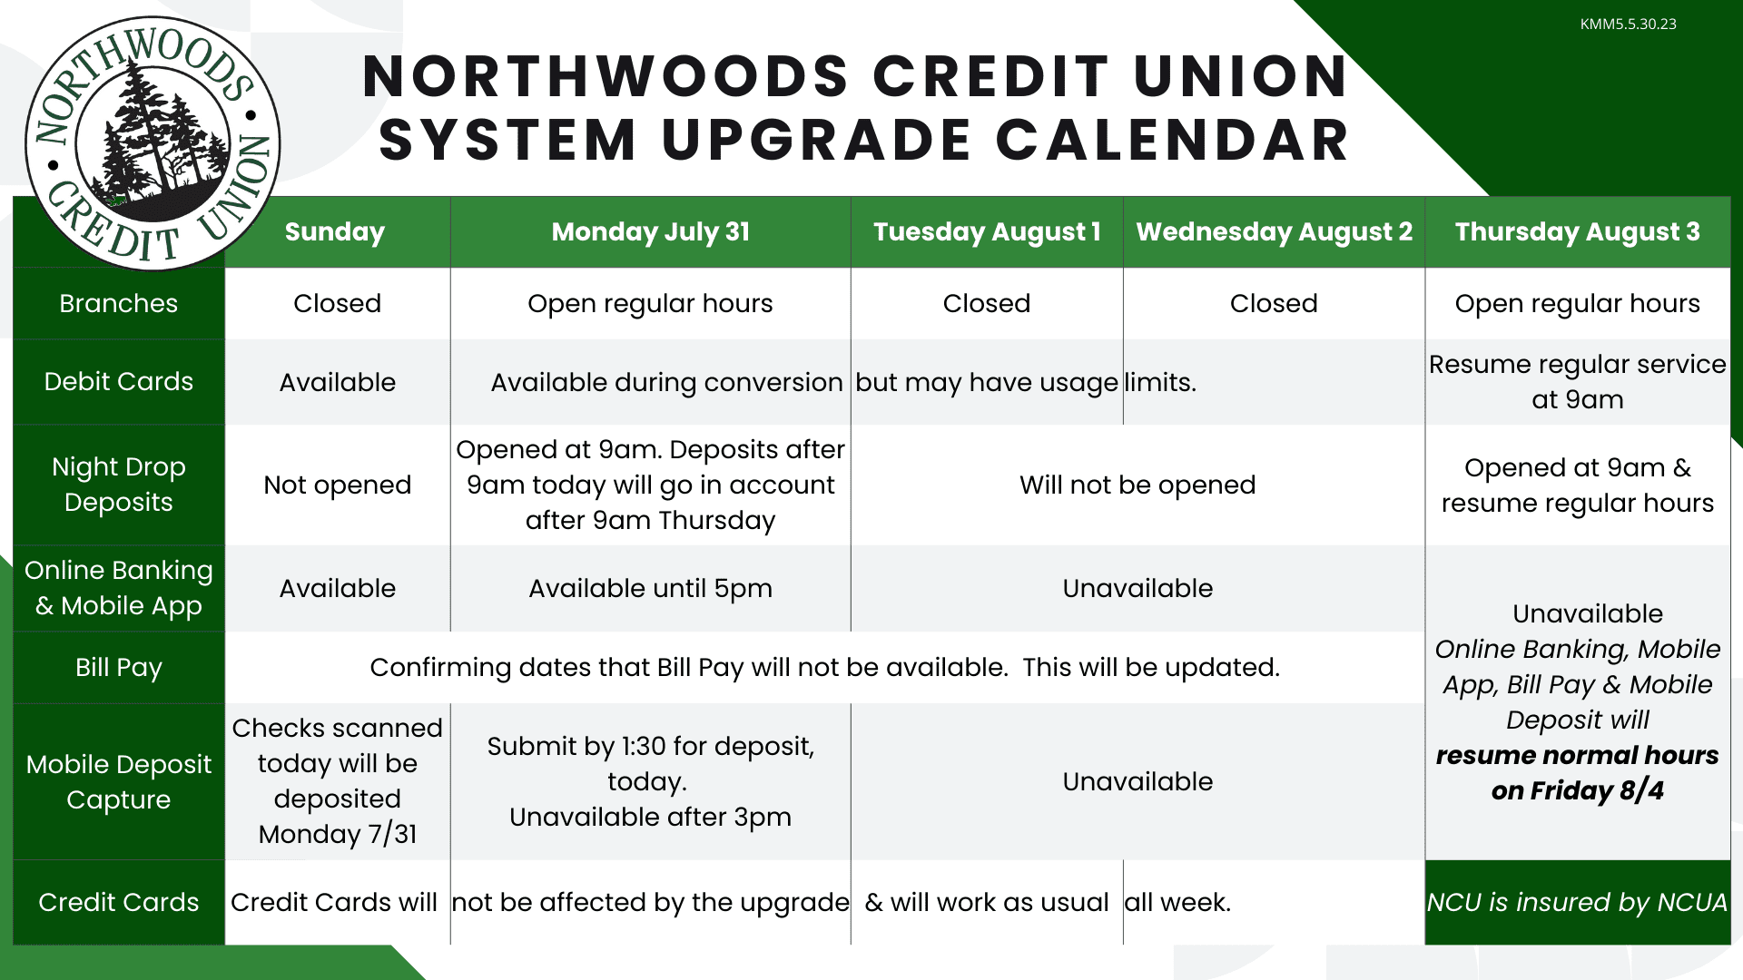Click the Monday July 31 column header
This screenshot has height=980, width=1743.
click(651, 232)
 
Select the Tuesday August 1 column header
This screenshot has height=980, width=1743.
click(987, 232)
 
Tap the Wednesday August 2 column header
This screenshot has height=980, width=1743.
click(1274, 232)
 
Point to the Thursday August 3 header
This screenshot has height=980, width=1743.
click(1577, 232)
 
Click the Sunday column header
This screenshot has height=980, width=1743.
click(335, 232)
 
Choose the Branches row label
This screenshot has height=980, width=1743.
click(119, 303)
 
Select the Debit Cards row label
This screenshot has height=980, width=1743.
click(119, 381)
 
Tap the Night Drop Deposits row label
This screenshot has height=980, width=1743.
click(119, 485)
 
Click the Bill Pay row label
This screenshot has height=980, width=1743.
click(119, 667)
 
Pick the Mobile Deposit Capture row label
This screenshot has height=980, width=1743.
click(119, 781)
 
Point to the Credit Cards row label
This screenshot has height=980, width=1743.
click(119, 902)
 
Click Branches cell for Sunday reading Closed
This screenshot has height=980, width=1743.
click(337, 303)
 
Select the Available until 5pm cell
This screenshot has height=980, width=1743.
click(650, 588)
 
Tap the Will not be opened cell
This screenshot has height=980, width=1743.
click(1137, 485)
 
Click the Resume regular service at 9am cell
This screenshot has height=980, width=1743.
click(1578, 382)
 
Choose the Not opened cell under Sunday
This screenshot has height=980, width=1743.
click(337, 485)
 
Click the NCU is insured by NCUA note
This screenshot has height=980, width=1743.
click(1577, 902)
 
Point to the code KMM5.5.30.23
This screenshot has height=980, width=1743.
click(1628, 24)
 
